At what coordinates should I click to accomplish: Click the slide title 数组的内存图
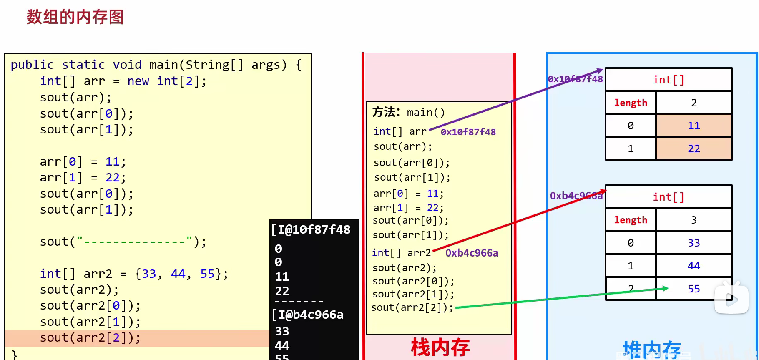coord(75,17)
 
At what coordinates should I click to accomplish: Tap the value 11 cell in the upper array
coord(694,126)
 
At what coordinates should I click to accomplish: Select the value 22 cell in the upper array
coord(694,149)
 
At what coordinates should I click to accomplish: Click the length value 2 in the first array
coord(694,103)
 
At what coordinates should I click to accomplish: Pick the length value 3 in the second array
coord(694,220)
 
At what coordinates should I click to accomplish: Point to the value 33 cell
coord(694,243)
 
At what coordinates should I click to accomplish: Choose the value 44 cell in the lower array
coord(694,266)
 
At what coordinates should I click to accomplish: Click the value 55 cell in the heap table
coord(694,289)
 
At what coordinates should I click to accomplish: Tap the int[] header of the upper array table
coord(668,80)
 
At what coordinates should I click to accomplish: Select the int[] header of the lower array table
coord(668,197)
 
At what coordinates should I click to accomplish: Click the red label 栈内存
coord(440,347)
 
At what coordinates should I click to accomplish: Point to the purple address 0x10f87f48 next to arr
coord(468,132)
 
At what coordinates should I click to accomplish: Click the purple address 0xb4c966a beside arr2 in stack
coord(471,253)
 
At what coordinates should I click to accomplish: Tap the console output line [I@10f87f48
coord(311,230)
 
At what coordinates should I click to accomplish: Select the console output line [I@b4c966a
coord(308,315)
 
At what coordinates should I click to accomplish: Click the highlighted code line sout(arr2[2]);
coord(90,337)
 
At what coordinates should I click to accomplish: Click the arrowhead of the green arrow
coord(666,288)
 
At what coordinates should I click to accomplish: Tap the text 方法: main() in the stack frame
coord(408,112)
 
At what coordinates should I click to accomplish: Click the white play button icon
coord(731,299)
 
